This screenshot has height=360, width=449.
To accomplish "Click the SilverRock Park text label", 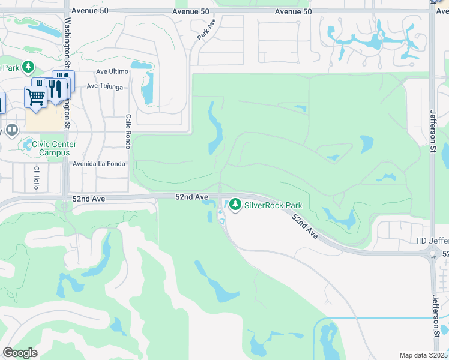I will click(x=273, y=205).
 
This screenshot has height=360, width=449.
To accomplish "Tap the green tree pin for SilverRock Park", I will click(x=235, y=205).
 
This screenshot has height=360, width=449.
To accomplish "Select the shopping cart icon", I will click(x=35, y=96).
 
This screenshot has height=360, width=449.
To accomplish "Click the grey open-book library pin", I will click(x=12, y=130).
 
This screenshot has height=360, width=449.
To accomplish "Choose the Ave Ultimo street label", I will click(x=112, y=71).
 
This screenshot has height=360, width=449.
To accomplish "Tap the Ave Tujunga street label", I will click(x=104, y=86).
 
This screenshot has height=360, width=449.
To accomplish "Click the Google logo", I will click(x=20, y=353).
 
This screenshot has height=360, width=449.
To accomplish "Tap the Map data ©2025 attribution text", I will click(x=423, y=355).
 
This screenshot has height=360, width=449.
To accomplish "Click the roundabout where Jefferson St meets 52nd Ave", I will click(x=433, y=254).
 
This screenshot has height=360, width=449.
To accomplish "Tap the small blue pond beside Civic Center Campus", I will click(x=28, y=145).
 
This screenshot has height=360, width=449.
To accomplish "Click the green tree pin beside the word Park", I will click(x=28, y=66).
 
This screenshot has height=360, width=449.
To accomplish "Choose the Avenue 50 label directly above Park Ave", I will click(x=190, y=11).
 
